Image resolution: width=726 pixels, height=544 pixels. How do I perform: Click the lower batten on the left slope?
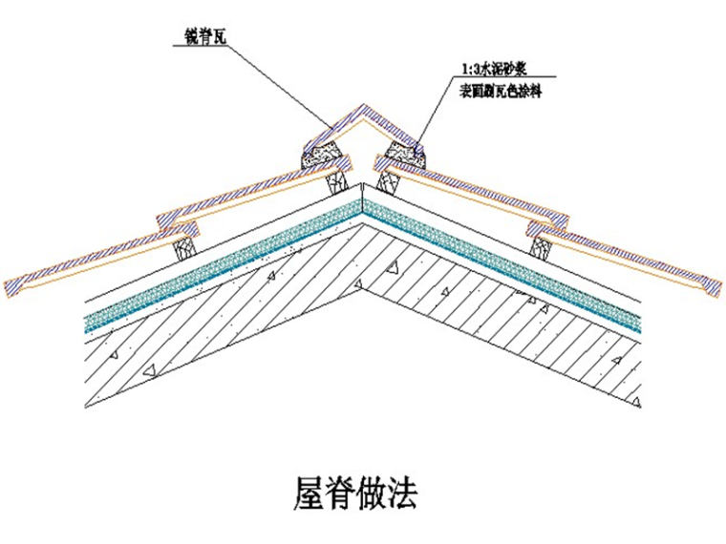[184, 247]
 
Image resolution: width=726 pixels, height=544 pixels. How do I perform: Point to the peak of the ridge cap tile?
[363, 108]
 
